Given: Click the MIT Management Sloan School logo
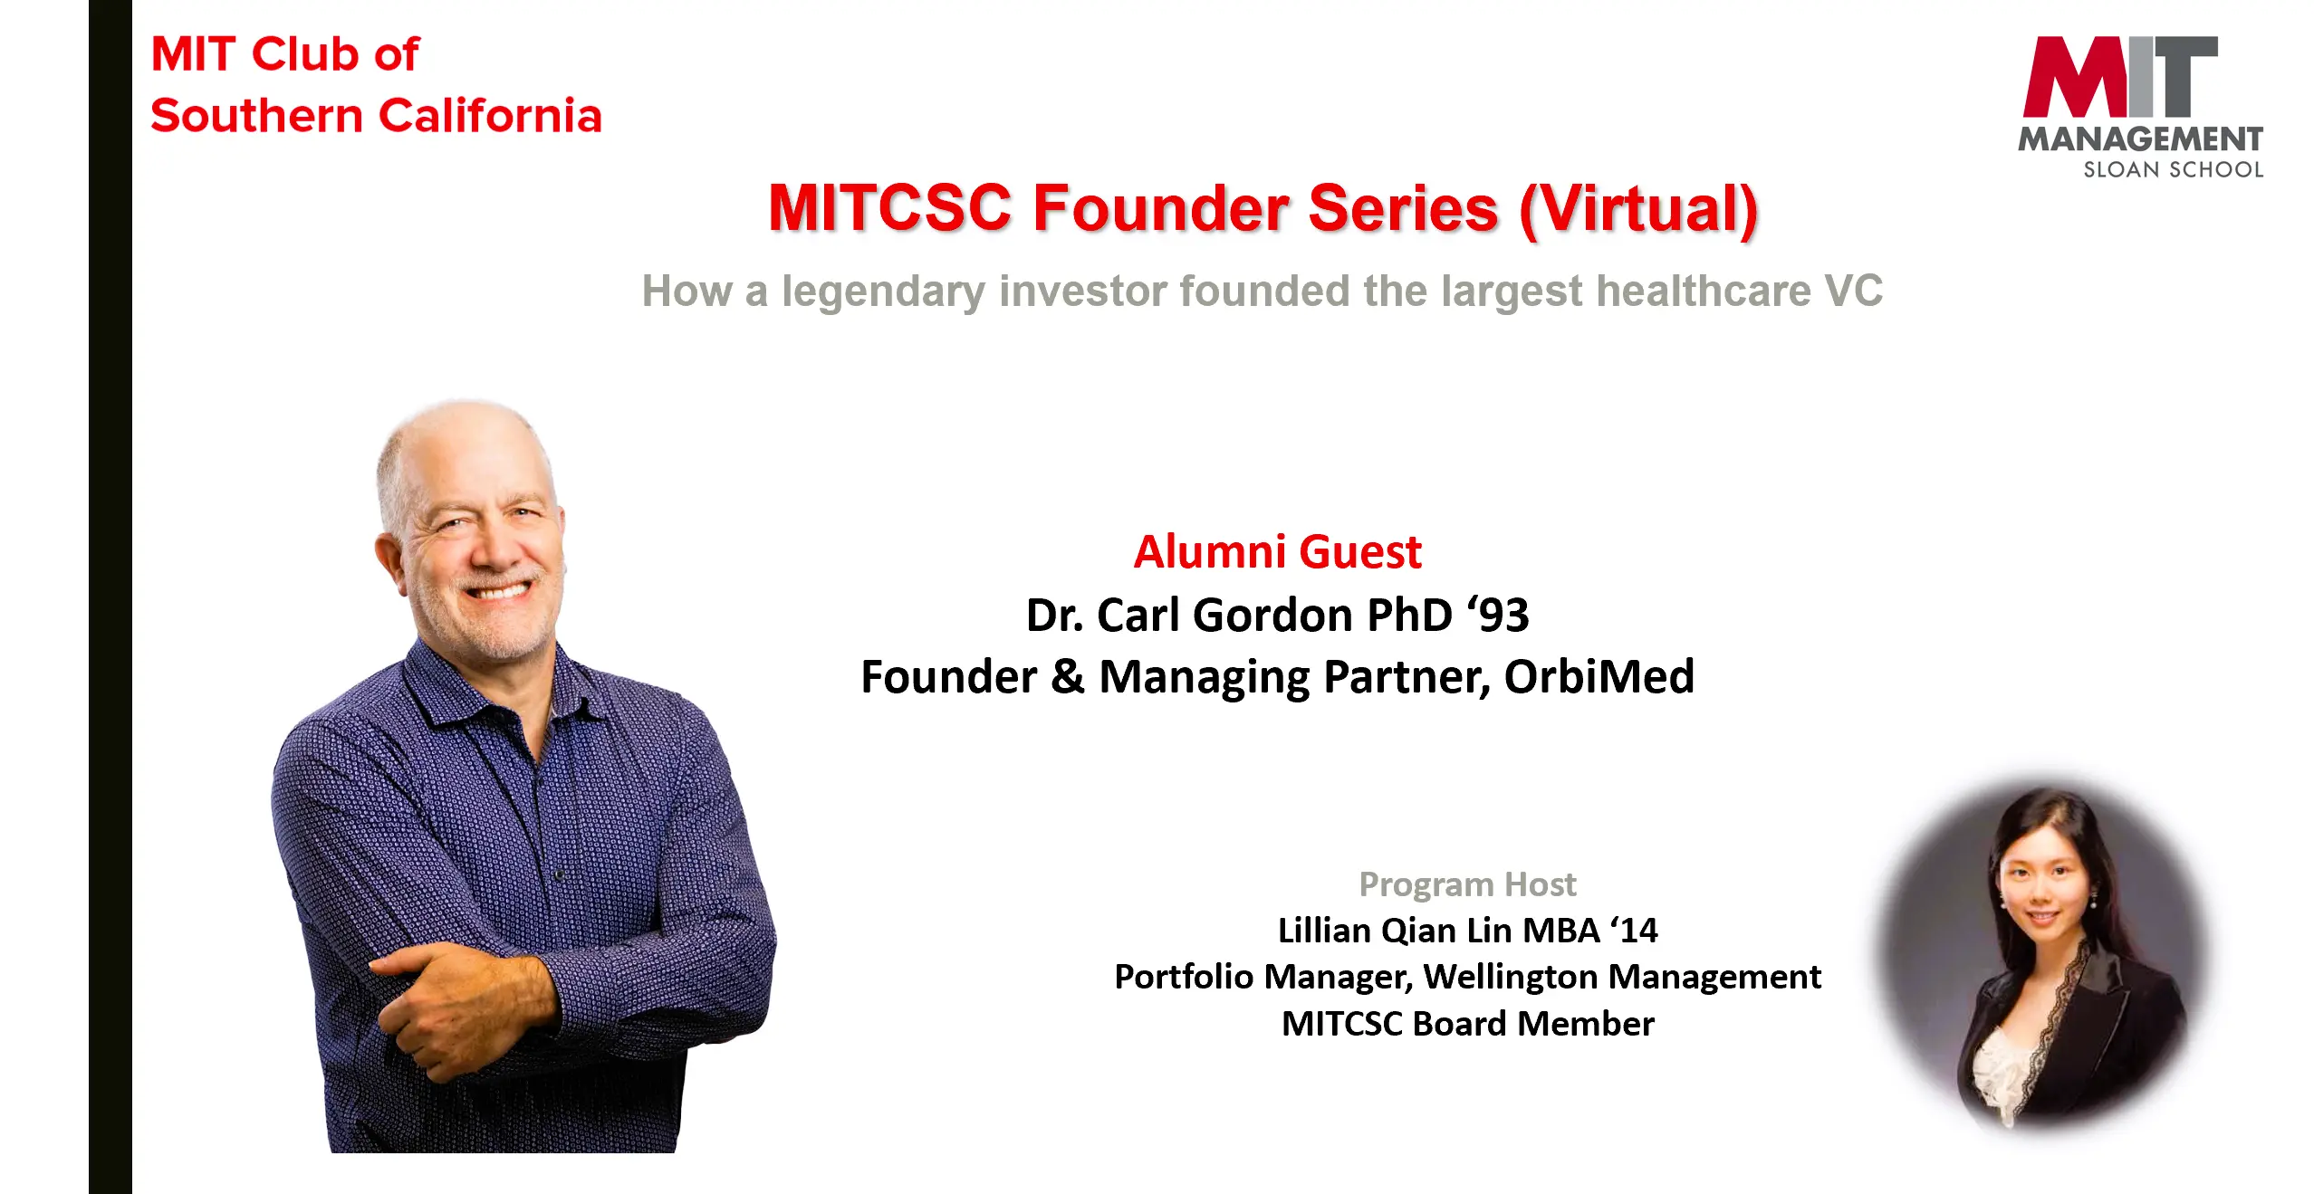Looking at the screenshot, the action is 2140,107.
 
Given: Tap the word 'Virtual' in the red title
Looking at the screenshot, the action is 1638,208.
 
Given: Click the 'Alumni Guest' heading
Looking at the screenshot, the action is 1277,551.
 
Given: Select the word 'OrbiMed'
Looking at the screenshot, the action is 1599,676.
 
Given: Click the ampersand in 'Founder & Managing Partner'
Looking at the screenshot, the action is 1068,677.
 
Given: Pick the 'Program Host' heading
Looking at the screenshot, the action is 1467,884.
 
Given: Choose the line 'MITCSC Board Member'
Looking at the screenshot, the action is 1467,1023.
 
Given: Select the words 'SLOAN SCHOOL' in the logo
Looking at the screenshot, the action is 2173,169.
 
